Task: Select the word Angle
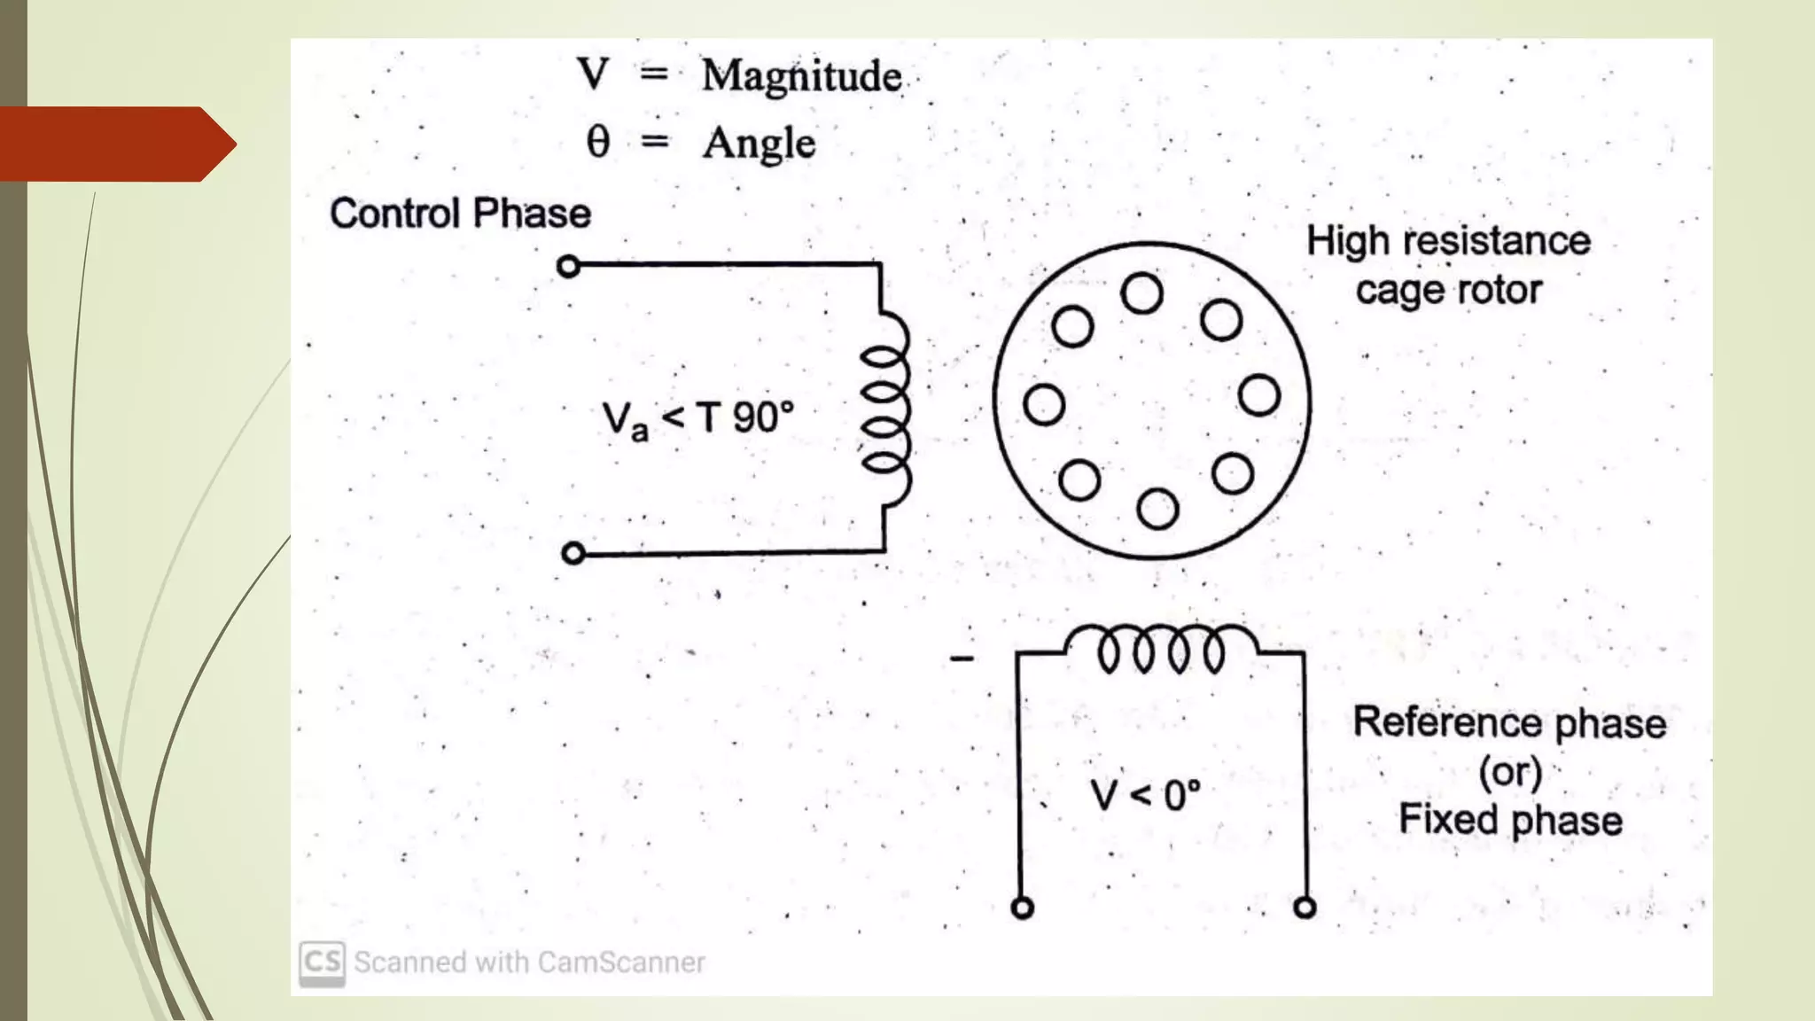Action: click(759, 144)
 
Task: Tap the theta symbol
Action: click(598, 141)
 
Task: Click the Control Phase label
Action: click(460, 214)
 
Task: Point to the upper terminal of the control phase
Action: click(569, 266)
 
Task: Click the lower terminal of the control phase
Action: click(573, 554)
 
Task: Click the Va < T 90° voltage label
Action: click(697, 419)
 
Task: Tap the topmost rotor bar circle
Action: click(1141, 293)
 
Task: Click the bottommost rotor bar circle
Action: click(1157, 509)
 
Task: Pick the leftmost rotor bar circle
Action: click(1044, 404)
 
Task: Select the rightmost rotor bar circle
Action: click(1259, 395)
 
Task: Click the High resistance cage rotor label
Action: click(1448, 265)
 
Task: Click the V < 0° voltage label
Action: click(1145, 795)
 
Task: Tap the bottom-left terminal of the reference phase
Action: click(1023, 908)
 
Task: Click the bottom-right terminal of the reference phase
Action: click(1305, 908)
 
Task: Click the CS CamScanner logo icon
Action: click(322, 963)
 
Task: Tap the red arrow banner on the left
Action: click(115, 144)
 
